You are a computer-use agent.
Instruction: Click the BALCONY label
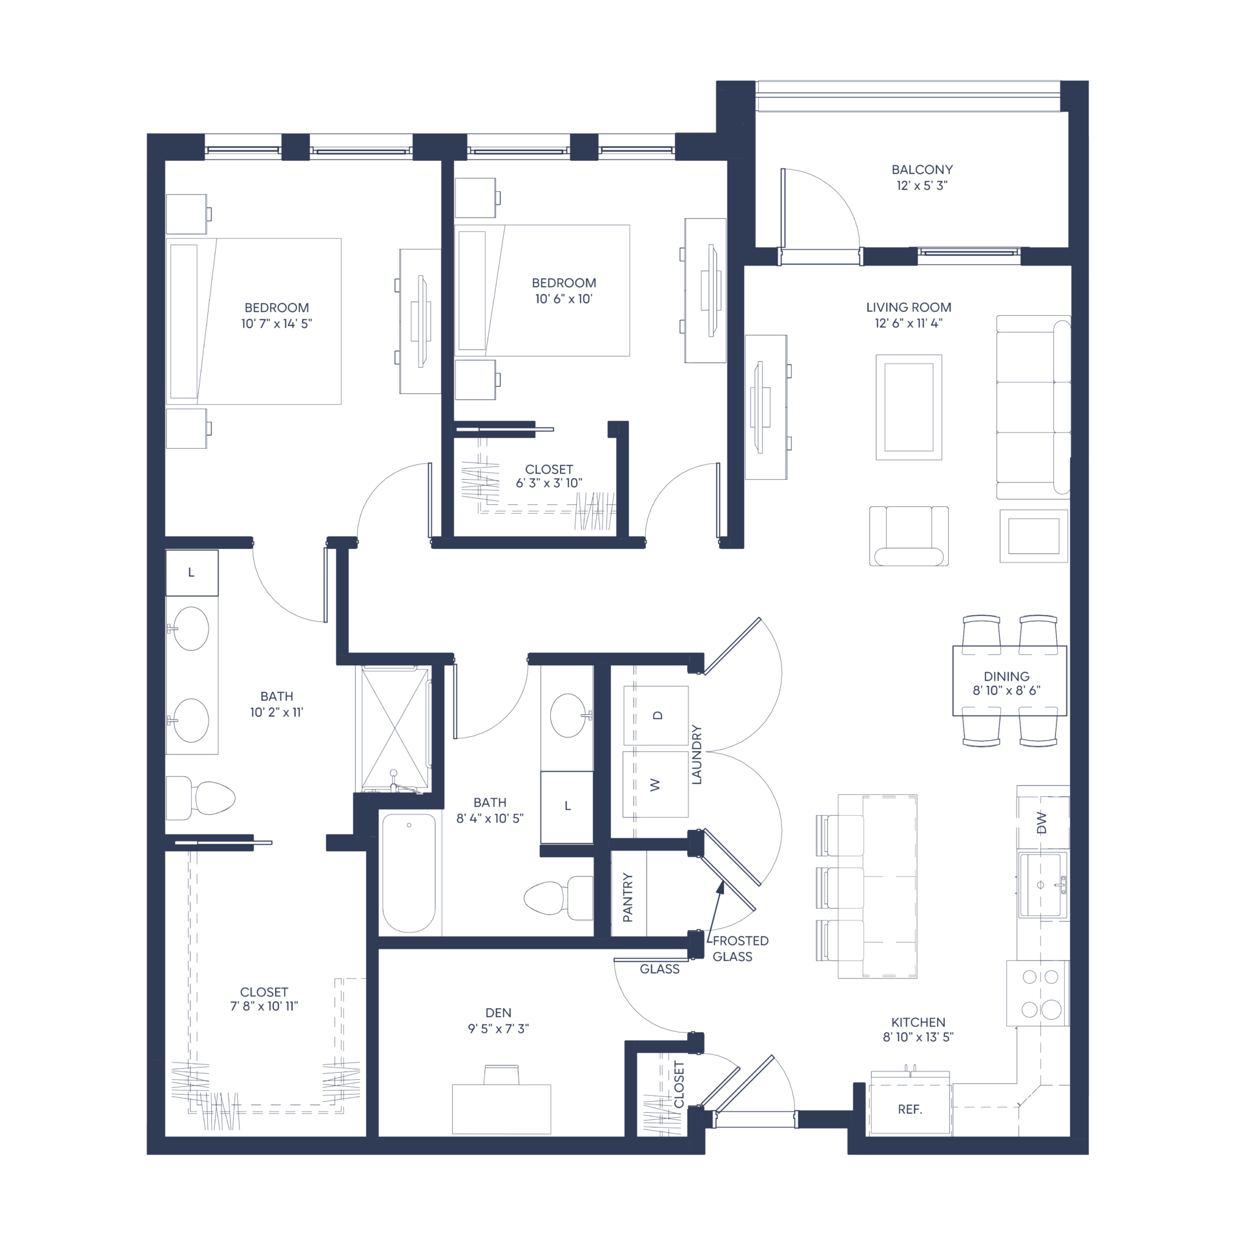[922, 170]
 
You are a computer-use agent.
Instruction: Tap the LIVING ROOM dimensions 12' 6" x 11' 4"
[909, 324]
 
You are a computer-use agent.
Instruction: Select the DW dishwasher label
[1041, 822]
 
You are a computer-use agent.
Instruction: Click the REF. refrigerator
[909, 1108]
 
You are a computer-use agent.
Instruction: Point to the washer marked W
[656, 785]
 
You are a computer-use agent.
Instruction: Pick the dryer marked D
[656, 715]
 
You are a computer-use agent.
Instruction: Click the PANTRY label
[628, 897]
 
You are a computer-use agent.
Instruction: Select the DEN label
[498, 1013]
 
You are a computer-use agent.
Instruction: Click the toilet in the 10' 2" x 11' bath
[200, 798]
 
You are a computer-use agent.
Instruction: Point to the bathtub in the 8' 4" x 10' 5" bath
[409, 873]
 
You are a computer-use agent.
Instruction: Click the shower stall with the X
[395, 729]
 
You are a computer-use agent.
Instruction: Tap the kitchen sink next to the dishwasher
[1042, 885]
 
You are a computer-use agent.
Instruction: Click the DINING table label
[1006, 676]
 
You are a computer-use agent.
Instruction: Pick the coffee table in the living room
[909, 407]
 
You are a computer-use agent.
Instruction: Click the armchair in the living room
[909, 536]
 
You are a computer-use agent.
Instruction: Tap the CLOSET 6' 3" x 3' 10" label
[549, 476]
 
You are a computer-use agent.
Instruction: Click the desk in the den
[501, 1109]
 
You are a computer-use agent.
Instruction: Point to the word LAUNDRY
[696, 754]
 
